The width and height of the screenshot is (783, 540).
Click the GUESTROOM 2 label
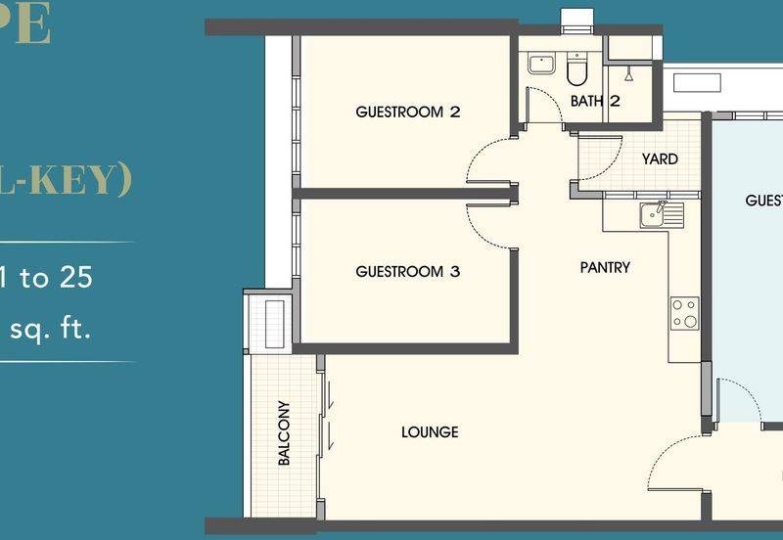pos(407,112)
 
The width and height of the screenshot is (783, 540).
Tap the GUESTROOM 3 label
pos(407,271)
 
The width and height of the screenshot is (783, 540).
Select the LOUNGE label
pos(430,432)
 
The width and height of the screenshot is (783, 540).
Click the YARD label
pos(660,158)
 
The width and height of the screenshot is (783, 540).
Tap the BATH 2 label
pos(595,101)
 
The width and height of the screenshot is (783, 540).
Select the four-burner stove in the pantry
pos(684,313)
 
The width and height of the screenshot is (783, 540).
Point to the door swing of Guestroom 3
pos(489,227)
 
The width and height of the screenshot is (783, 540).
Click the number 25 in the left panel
pos(75,278)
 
